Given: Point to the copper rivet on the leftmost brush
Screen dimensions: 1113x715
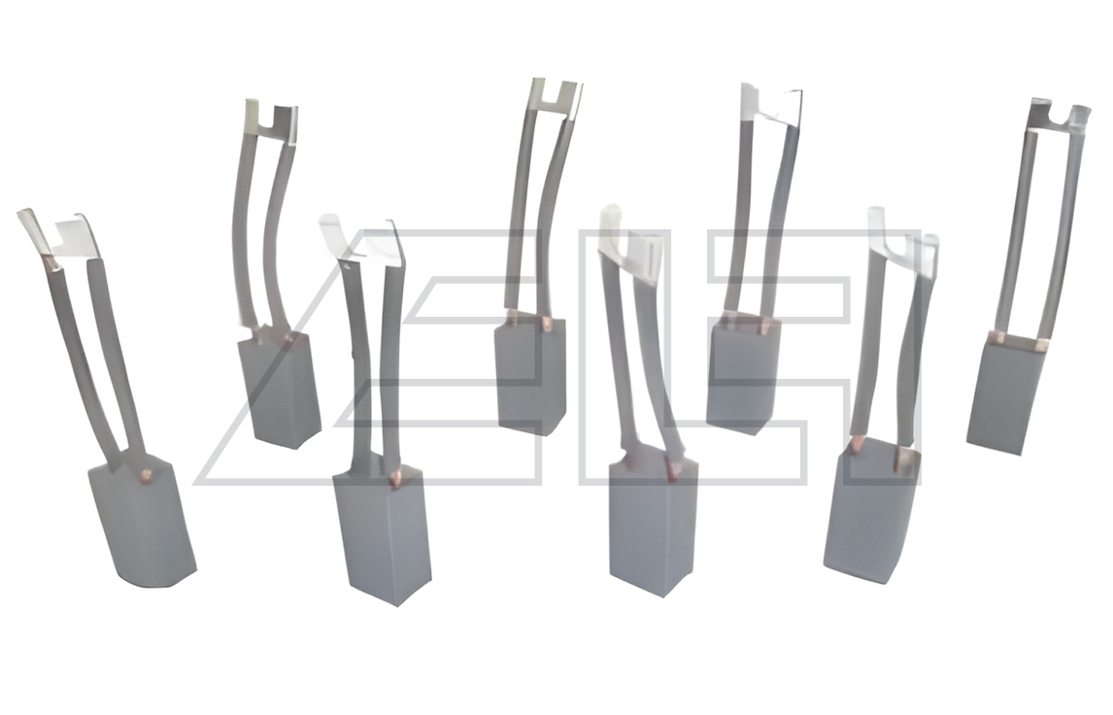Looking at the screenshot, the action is click(147, 473).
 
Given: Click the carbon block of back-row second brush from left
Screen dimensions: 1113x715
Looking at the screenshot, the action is click(531, 376).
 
